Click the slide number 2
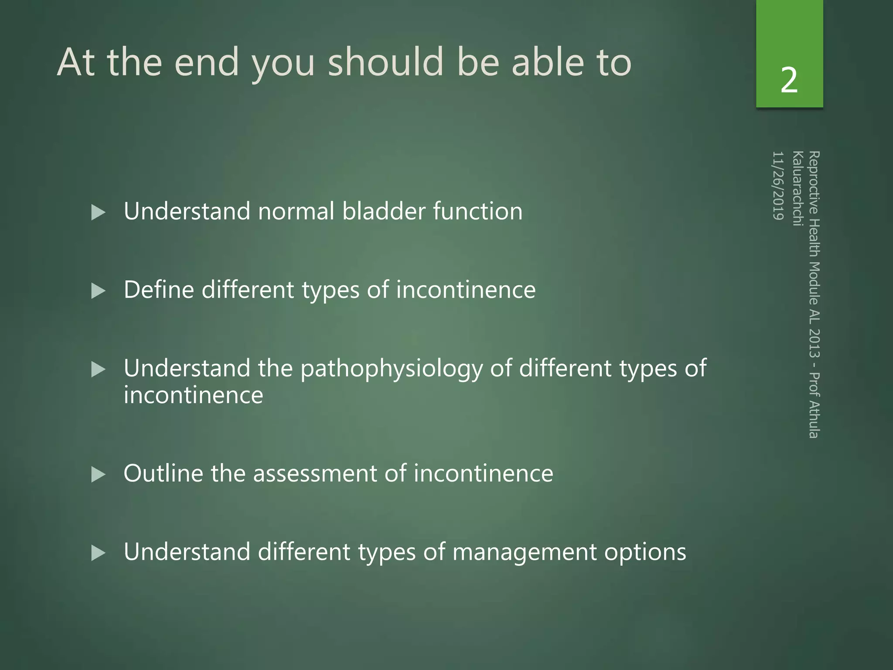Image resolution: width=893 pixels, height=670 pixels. click(x=789, y=80)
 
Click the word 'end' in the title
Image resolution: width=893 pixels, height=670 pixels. click(x=207, y=63)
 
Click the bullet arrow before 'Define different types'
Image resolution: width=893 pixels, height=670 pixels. click(x=99, y=291)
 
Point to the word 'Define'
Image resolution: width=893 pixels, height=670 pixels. click(x=159, y=290)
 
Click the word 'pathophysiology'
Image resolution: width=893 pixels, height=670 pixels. click(x=391, y=369)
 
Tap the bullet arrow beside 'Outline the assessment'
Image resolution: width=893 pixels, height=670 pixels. click(x=99, y=475)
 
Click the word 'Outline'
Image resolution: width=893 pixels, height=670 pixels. click(x=163, y=473)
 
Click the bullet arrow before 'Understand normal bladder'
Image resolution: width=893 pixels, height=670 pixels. click(x=99, y=212)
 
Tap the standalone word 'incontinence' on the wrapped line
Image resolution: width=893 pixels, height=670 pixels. click(x=193, y=396)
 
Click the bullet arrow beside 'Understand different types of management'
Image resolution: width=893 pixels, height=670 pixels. click(x=99, y=553)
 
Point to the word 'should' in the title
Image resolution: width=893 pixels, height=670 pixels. click(x=385, y=62)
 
